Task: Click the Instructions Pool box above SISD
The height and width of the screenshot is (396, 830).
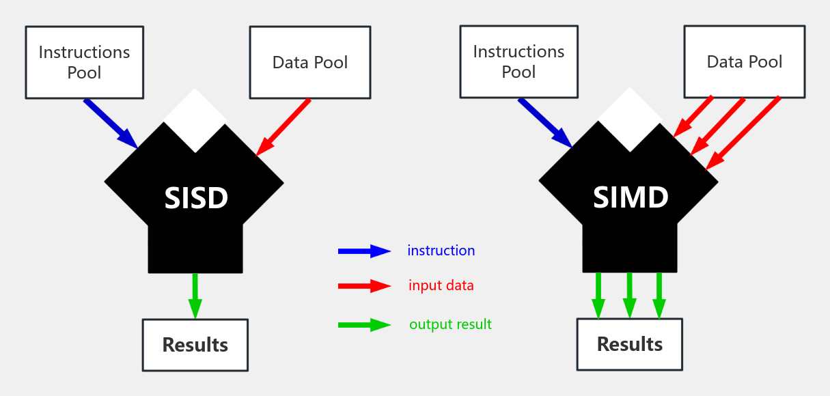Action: tap(85, 62)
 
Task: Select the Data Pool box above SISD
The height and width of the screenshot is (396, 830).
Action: tap(309, 62)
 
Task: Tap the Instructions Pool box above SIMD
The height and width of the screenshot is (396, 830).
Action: tap(518, 62)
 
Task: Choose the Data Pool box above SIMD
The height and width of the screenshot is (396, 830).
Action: tap(744, 62)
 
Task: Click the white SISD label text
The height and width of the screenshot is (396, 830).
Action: tap(195, 199)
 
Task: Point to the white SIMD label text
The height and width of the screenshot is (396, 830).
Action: tap(630, 198)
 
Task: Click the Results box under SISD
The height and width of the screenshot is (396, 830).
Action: tap(195, 345)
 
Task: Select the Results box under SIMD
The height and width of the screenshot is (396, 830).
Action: tap(629, 344)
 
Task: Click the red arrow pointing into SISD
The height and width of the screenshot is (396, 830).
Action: tap(283, 127)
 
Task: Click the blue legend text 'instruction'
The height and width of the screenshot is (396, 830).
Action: tap(441, 251)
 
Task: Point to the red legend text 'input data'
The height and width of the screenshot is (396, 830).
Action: tap(441, 285)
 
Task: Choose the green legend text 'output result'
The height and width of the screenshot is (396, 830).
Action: tap(450, 324)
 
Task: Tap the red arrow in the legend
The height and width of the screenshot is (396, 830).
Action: tap(364, 286)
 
